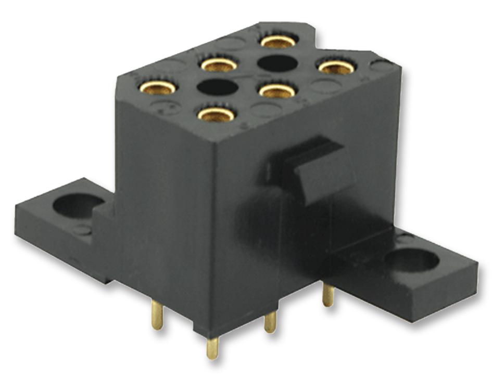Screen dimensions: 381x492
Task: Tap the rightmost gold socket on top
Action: tap(336, 67)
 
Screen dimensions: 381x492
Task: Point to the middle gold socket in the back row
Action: tap(219, 64)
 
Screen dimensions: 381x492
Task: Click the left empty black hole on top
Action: tap(217, 87)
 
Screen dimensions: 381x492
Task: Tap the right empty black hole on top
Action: tap(277, 63)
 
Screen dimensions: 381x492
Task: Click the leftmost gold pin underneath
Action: tap(157, 315)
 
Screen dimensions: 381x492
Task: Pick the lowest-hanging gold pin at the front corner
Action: tap(212, 348)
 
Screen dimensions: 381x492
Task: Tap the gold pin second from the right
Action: tap(270, 322)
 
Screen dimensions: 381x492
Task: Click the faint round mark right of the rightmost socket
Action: tap(383, 65)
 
